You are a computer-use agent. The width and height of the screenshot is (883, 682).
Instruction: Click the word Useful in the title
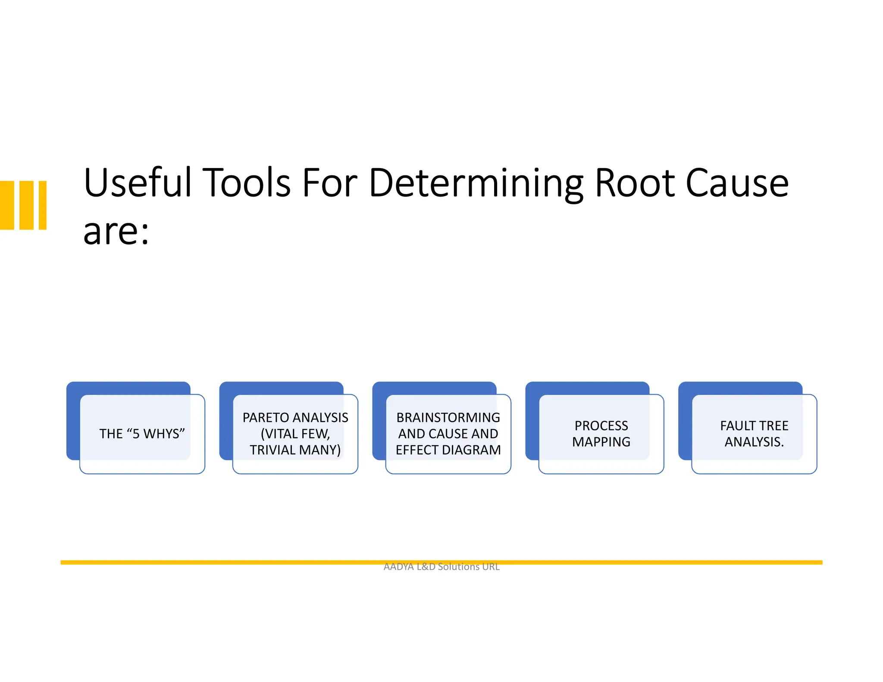point(137,183)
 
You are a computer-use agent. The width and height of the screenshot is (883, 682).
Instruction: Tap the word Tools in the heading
point(247,183)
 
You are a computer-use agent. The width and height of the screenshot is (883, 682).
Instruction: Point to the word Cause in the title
point(737,183)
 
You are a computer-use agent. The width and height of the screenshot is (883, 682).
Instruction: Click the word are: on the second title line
point(116,232)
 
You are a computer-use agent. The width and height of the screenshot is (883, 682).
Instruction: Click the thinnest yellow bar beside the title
point(43,205)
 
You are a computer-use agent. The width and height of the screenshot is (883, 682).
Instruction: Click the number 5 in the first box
point(136,434)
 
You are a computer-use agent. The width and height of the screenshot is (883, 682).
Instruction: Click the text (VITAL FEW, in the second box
point(295,434)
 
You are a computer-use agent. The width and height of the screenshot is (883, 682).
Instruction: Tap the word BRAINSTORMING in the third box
point(448,417)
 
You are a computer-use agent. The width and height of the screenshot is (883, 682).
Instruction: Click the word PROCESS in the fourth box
point(601,425)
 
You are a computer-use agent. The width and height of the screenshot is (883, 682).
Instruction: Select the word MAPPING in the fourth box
point(601,442)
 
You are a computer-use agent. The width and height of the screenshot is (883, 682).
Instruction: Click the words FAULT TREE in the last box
point(754,425)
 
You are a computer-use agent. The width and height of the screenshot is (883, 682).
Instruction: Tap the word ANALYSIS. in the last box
point(754,442)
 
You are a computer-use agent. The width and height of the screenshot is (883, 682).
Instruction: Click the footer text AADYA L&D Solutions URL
point(441,566)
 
